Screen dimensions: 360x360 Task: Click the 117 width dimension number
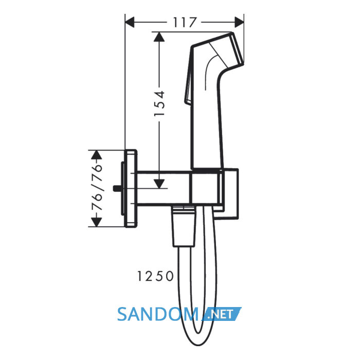coord(185,22)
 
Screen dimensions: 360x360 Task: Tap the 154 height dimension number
coord(159,103)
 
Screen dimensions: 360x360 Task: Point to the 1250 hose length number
coord(155,276)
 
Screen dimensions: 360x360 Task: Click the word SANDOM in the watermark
coord(158,314)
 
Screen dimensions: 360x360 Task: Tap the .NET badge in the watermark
coord(222,314)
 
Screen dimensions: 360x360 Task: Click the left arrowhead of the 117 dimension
coord(130,22)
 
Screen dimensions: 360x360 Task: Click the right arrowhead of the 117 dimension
coord(239,22)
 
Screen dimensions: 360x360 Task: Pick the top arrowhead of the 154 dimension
coord(159,37)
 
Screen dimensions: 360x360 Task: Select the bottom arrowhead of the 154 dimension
coord(159,184)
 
